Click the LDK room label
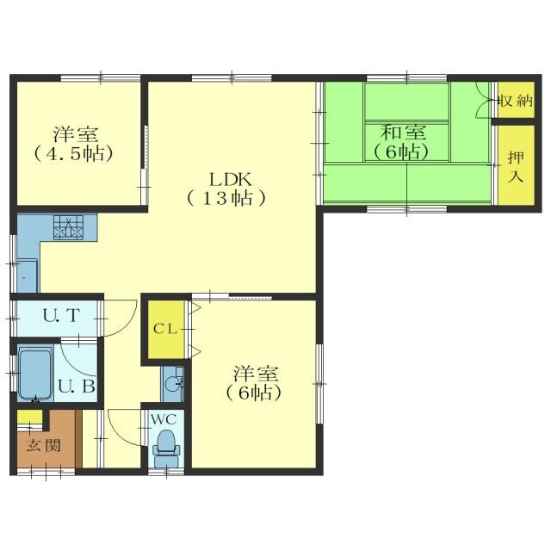pos(231,180)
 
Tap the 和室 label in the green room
pos(404,133)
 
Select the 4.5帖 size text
pos(73,153)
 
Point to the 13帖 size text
pos(226,199)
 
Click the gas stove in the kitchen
pos(68,227)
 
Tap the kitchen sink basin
pos(27,275)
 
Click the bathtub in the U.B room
pos(35,374)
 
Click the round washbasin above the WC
pos(173,383)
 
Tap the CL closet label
pos(165,329)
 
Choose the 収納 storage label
pos(516,102)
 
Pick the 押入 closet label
pos(516,167)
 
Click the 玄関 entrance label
pos(44,446)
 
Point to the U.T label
pos(61,315)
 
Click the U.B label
pos(77,387)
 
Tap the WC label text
pos(164,419)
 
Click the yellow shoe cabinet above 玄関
pos(30,418)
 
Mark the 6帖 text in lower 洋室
pos(254,393)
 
